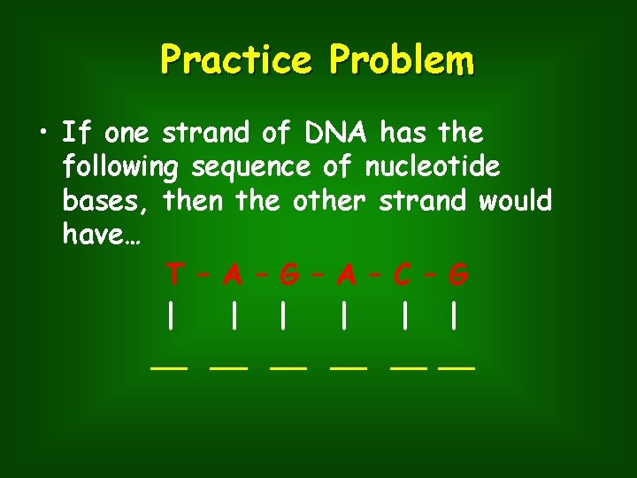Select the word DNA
click(332, 134)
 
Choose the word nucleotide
click(432, 166)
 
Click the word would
click(515, 201)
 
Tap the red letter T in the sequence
click(175, 275)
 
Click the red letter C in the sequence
click(402, 275)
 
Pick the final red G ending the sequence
click(457, 275)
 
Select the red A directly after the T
click(233, 275)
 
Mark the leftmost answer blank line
click(168, 366)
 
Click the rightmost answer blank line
click(457, 366)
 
